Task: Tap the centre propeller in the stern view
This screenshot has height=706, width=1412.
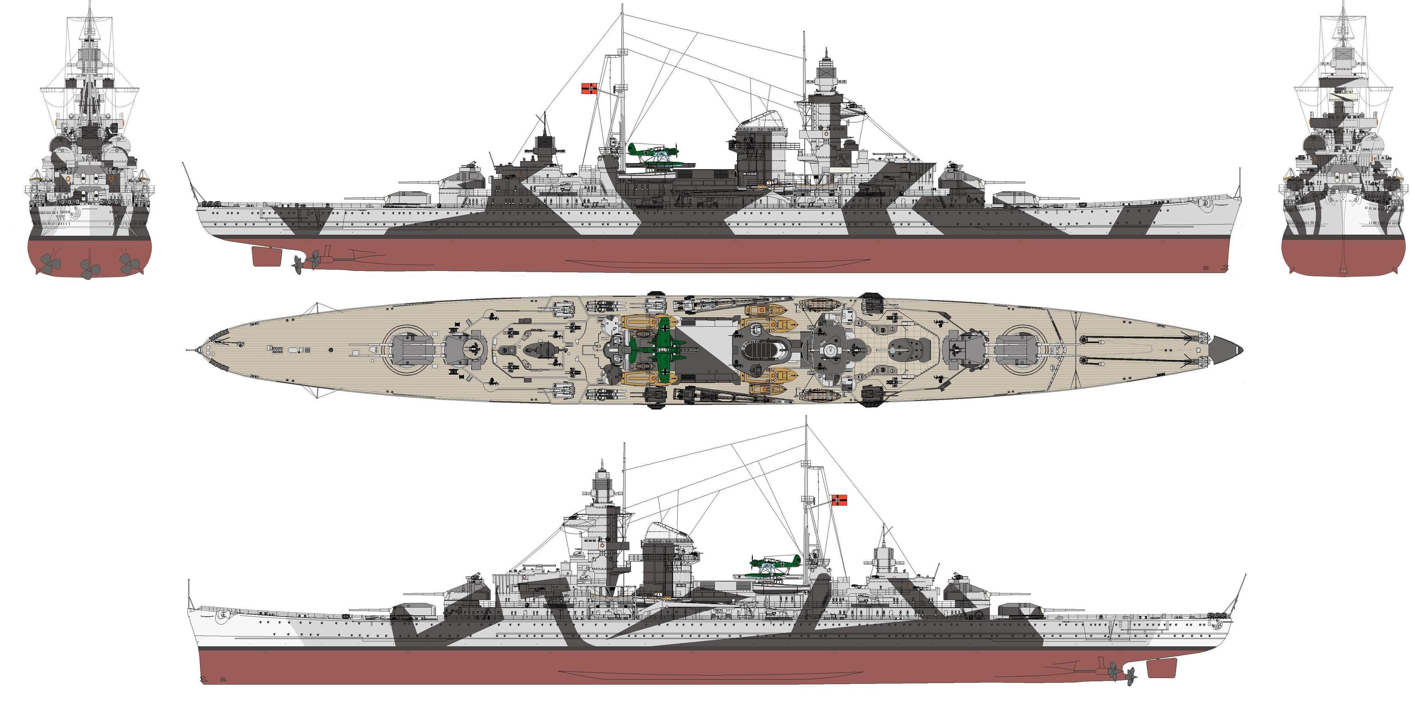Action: point(89,269)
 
